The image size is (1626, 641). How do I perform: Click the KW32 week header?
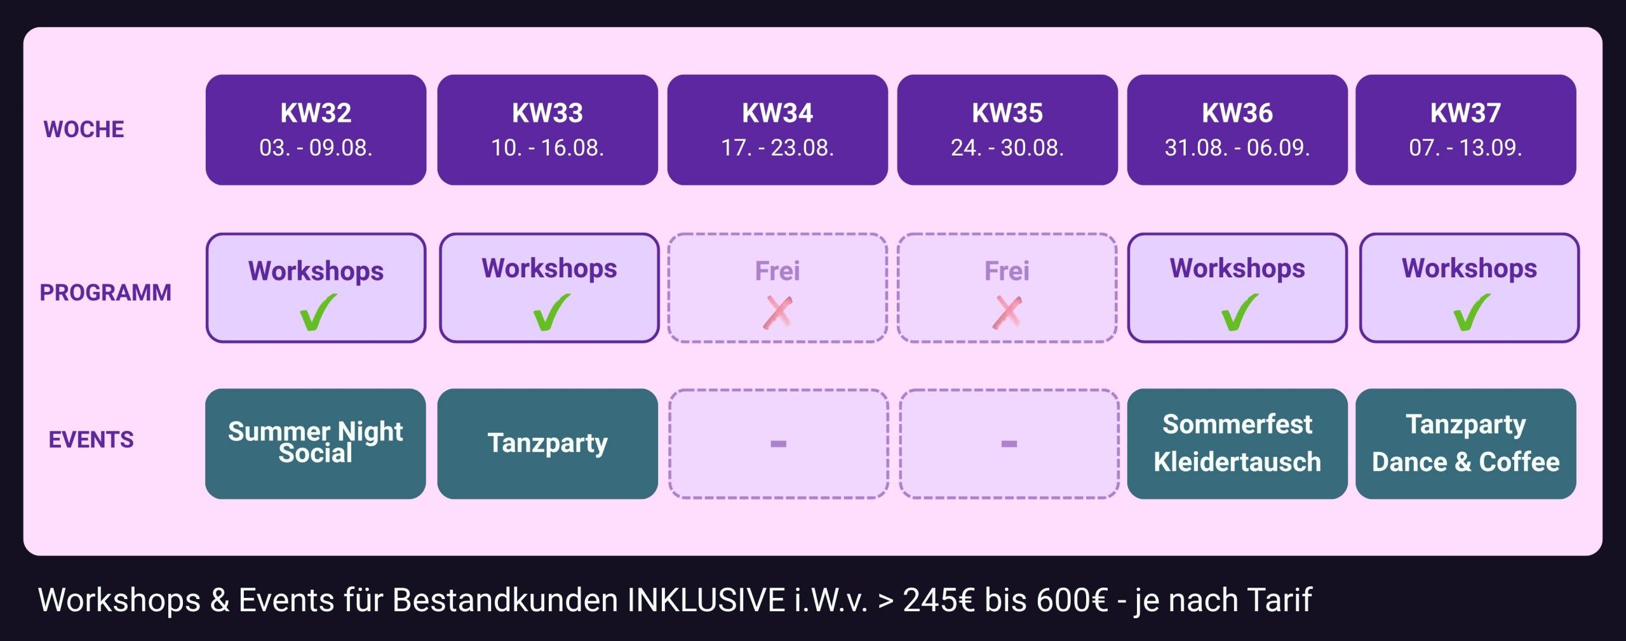pyautogui.click(x=316, y=129)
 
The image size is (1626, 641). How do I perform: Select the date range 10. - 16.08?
pyautogui.click(x=548, y=148)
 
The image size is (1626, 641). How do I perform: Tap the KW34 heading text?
pyautogui.click(x=777, y=113)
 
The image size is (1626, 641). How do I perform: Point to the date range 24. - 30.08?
pyautogui.click(x=1007, y=148)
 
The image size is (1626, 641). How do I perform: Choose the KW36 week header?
pyautogui.click(x=1237, y=129)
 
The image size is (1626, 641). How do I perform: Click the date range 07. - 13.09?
pyautogui.click(x=1466, y=148)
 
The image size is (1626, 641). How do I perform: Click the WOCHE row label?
pyautogui.click(x=84, y=129)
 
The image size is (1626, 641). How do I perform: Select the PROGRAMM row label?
pyautogui.click(x=105, y=293)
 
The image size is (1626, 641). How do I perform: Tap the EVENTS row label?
pyautogui.click(x=91, y=440)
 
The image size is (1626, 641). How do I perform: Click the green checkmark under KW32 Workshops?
pyautogui.click(x=318, y=312)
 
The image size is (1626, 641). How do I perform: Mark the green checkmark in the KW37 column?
pyautogui.click(x=1471, y=312)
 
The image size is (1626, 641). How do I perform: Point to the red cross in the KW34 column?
pyautogui.click(x=778, y=313)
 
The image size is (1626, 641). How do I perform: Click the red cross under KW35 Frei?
pyautogui.click(x=1007, y=313)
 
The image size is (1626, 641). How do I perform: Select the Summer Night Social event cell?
pyautogui.click(x=316, y=444)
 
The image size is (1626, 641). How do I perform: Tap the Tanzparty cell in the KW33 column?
pyautogui.click(x=548, y=444)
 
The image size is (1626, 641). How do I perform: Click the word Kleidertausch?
pyautogui.click(x=1237, y=462)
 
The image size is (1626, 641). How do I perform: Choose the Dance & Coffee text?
pyautogui.click(x=1466, y=462)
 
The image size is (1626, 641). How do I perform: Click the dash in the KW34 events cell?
pyautogui.click(x=778, y=444)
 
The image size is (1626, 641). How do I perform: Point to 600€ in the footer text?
pyautogui.click(x=1072, y=600)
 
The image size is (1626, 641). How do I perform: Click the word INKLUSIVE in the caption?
pyautogui.click(x=706, y=600)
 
